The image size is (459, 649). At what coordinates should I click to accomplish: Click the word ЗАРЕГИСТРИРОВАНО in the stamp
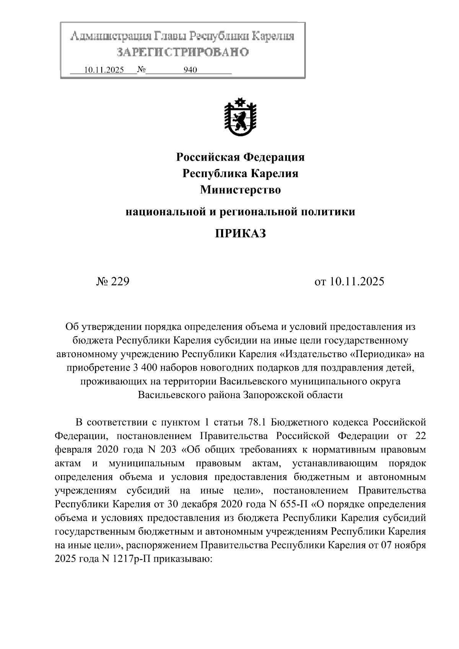183,52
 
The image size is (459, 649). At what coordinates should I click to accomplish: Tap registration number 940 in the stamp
190,70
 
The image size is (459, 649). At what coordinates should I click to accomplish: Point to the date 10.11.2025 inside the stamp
104,70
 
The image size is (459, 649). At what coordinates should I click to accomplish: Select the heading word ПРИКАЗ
240,233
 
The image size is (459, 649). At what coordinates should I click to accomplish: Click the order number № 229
113,282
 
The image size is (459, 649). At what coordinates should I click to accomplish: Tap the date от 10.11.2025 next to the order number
349,282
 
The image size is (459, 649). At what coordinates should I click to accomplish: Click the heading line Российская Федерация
240,157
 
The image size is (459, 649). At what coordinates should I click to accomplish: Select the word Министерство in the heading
240,190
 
